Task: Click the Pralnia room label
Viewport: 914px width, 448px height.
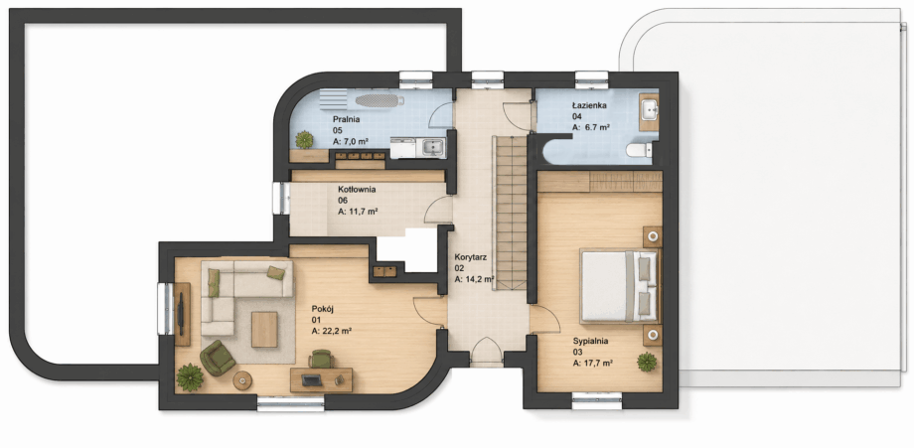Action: [346, 119]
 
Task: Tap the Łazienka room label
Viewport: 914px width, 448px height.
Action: [589, 105]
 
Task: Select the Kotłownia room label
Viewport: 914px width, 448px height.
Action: [357, 190]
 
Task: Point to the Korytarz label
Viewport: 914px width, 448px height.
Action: [471, 256]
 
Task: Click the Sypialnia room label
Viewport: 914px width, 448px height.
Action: [590, 341]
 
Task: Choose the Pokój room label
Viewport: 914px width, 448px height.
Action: [322, 309]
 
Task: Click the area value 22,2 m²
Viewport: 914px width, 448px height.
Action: [331, 331]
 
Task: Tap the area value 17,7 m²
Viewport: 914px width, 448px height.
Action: [592, 363]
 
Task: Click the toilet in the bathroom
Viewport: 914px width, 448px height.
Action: [639, 150]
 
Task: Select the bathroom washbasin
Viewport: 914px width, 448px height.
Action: [650, 109]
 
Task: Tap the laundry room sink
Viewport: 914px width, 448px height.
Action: [432, 147]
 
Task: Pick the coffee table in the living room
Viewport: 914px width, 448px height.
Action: [264, 329]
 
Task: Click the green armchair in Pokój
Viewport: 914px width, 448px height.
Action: [218, 358]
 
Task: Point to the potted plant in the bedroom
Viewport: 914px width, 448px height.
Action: [647, 362]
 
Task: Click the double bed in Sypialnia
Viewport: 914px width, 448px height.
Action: [620, 286]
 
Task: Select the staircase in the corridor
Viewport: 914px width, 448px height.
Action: [510, 213]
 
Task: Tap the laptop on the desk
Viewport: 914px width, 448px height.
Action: [311, 380]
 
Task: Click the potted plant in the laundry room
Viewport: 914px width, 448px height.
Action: [304, 140]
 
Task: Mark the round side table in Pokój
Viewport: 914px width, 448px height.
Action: [242, 380]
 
